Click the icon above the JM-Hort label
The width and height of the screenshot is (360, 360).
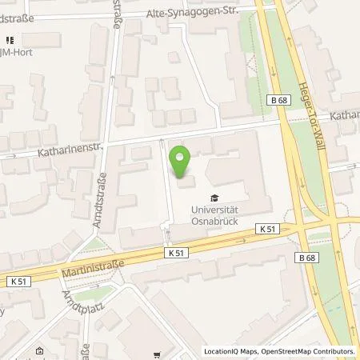click(10, 39)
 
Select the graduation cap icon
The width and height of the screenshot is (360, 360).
click(213, 198)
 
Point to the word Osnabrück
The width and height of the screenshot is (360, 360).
click(213, 222)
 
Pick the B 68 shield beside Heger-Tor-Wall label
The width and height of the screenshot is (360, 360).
click(278, 100)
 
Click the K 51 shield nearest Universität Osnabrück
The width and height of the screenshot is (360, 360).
click(267, 228)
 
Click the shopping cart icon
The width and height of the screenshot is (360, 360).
click(167, 354)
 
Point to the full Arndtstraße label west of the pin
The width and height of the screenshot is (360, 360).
click(102, 191)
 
